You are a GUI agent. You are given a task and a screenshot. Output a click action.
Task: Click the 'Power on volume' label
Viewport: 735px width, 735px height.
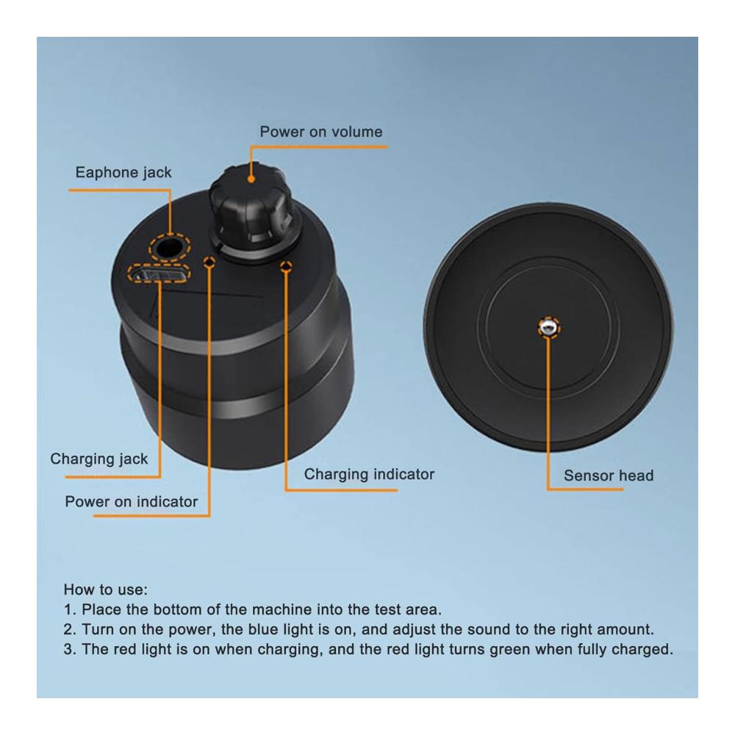coord(321,132)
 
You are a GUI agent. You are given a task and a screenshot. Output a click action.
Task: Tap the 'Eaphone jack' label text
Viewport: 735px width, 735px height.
coord(123,173)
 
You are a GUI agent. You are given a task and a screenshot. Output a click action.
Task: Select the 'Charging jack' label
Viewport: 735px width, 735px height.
coord(99,459)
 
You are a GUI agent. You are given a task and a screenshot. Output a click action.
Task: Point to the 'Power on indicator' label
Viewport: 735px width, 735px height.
coord(132,501)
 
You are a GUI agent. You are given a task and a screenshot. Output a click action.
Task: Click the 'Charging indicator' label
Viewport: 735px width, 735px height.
coord(369,474)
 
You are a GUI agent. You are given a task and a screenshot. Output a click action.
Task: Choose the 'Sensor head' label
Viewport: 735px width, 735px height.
coord(609,476)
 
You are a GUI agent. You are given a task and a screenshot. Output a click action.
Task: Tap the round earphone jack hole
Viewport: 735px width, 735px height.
coord(169,247)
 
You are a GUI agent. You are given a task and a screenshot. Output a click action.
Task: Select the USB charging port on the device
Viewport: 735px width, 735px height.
coord(158,273)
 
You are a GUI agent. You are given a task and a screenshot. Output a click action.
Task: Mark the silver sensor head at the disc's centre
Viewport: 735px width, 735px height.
coord(548,327)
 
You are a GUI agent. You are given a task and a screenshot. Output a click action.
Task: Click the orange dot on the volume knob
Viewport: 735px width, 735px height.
coord(251,179)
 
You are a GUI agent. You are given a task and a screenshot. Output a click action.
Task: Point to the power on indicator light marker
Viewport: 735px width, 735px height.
coord(209,262)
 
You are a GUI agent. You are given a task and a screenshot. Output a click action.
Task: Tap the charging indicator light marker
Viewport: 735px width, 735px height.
coord(286,267)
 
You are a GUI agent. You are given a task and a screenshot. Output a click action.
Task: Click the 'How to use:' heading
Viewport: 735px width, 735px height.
coord(105,589)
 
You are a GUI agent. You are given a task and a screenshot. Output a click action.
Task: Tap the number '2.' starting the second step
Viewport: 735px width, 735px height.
coord(70,629)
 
